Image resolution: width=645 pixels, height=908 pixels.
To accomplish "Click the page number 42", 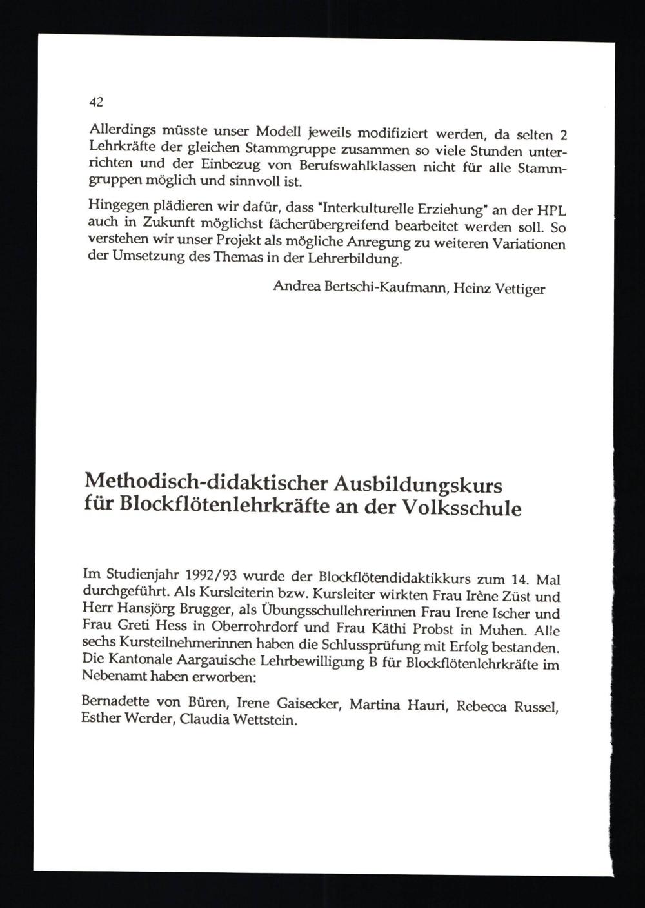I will click(96, 102).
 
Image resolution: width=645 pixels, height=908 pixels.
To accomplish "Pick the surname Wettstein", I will click(262, 720).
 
